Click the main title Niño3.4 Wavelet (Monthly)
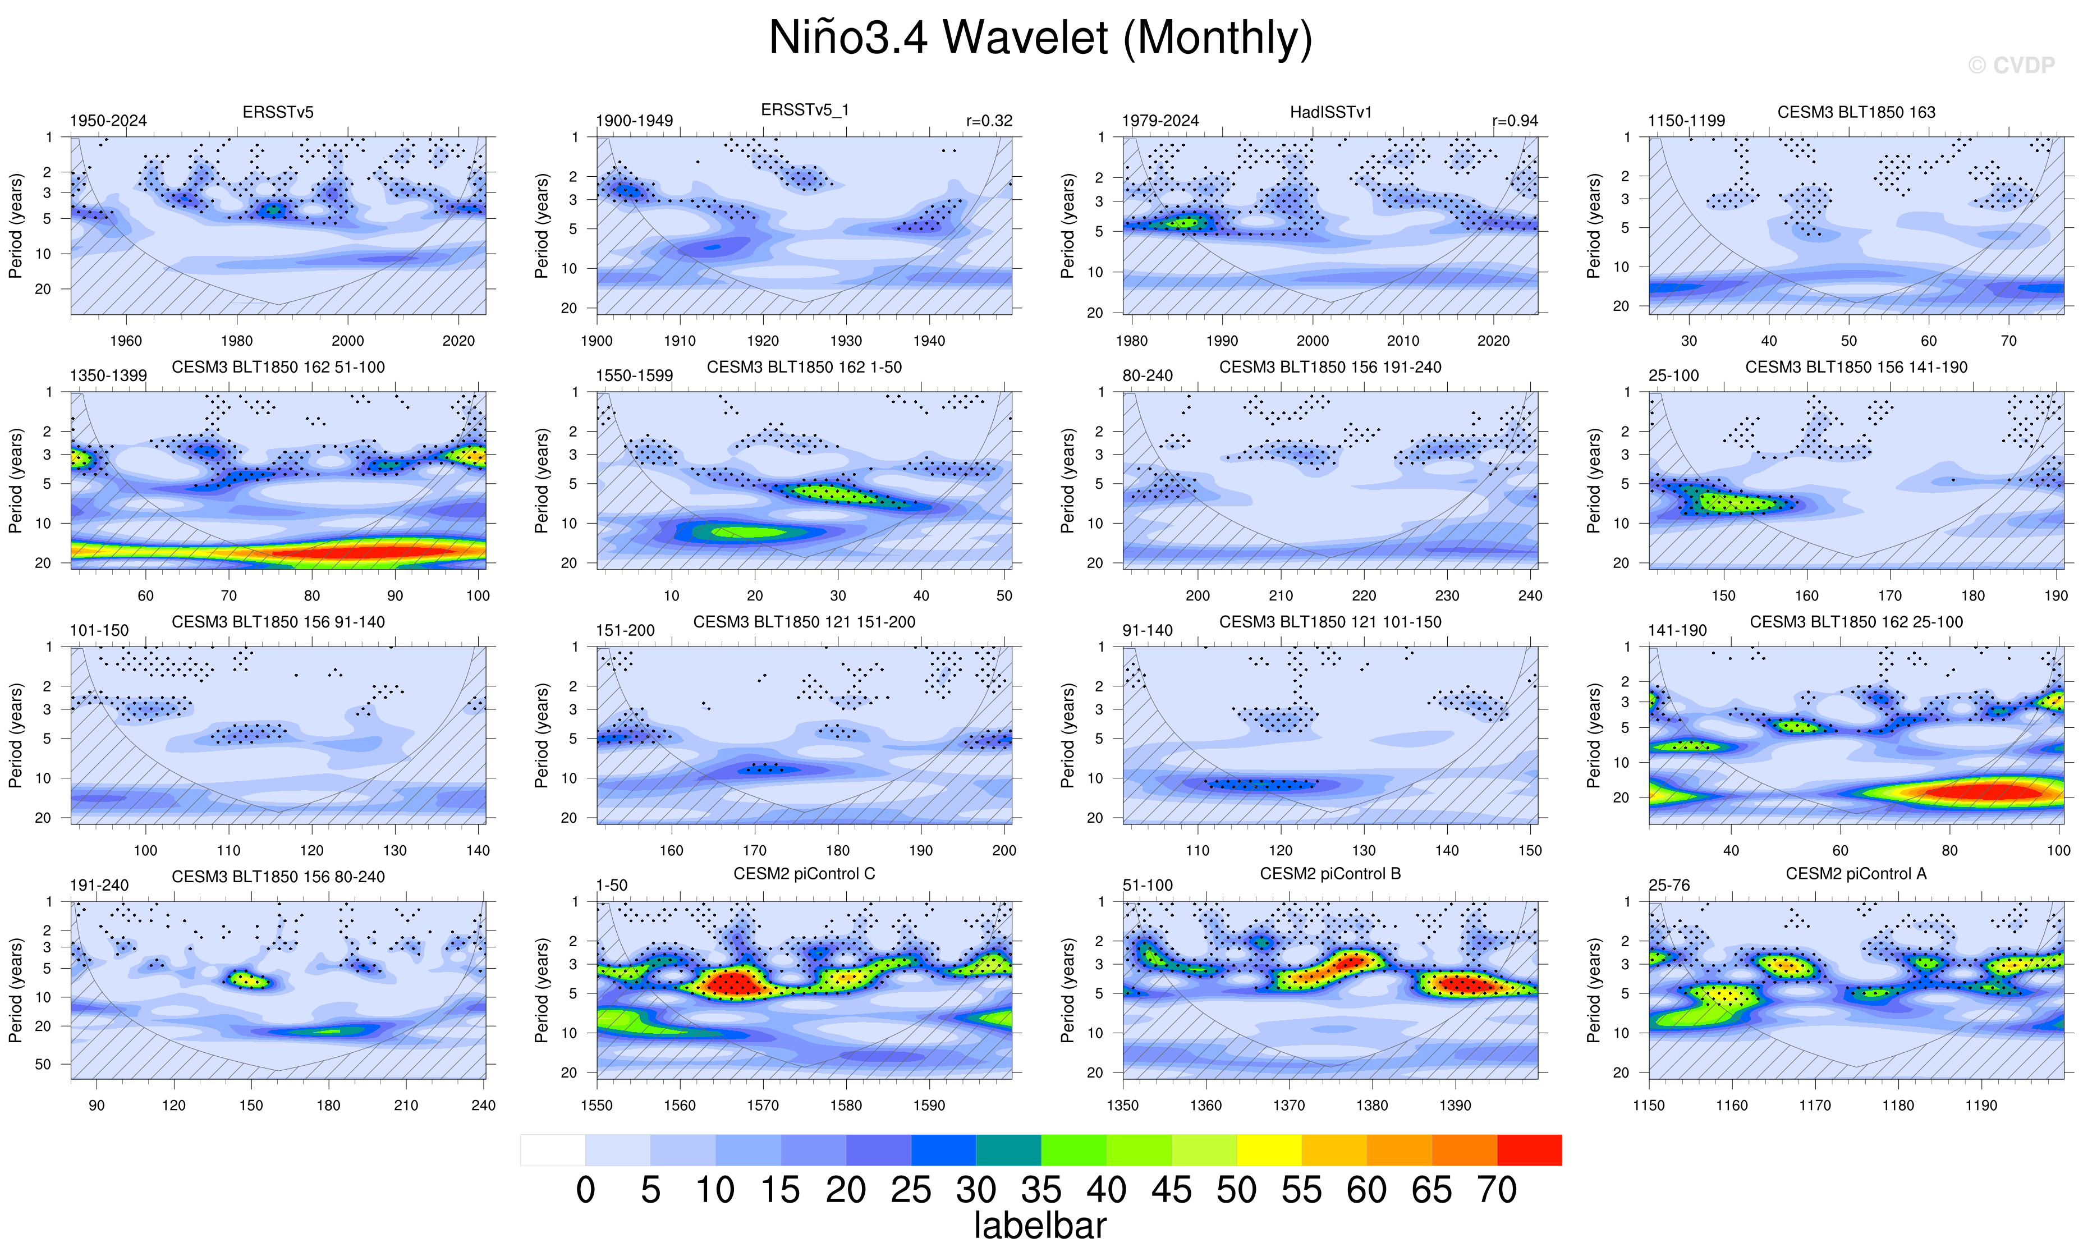click(1040, 38)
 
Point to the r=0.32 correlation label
click(989, 121)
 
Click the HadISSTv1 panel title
click(1330, 112)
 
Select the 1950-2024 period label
click(108, 121)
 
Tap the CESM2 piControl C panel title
click(804, 873)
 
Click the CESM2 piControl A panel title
click(1856, 873)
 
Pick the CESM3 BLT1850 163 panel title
click(1856, 112)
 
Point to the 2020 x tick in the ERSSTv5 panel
click(458, 341)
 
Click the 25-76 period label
click(1669, 885)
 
